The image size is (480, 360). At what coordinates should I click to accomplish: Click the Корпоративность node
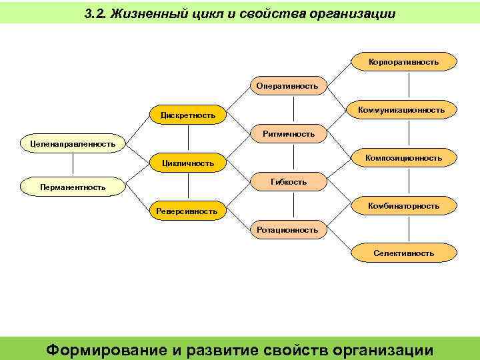403,62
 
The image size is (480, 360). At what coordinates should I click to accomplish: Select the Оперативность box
287,86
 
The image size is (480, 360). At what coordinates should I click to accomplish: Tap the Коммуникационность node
401,110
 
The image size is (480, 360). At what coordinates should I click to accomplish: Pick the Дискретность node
187,115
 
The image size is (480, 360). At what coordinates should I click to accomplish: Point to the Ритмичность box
288,134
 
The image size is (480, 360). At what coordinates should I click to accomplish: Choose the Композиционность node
403,158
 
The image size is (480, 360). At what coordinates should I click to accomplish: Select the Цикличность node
187,163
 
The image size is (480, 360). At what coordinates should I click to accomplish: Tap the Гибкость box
288,181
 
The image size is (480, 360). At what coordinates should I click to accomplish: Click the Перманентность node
72,187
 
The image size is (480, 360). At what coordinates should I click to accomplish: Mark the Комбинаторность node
403,206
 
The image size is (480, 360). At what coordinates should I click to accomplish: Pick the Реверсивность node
187,211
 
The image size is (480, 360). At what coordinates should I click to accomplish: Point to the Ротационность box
287,229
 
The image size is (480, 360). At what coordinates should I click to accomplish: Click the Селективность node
403,253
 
